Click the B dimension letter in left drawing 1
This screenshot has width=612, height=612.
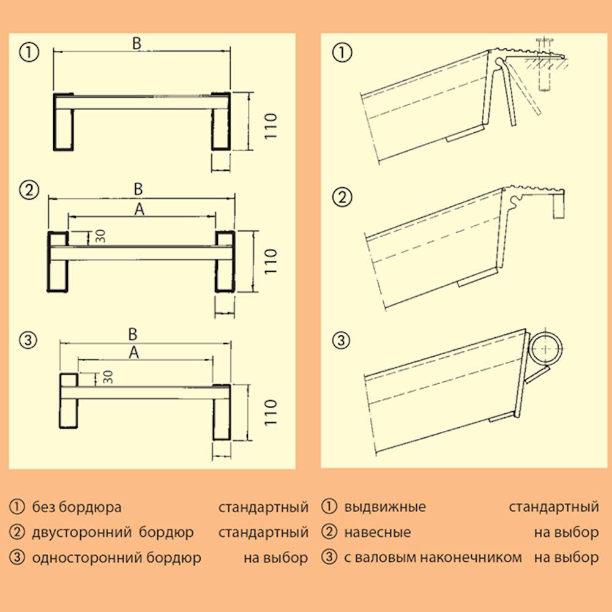click(137, 43)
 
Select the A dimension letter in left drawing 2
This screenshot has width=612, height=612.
click(140, 210)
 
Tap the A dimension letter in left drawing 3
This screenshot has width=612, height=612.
click(134, 353)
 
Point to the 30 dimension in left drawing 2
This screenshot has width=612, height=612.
click(100, 236)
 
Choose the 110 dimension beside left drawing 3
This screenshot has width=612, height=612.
click(271, 412)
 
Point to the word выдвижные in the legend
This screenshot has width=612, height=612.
click(385, 507)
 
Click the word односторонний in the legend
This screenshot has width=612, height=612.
click(84, 558)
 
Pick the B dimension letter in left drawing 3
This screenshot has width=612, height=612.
click(132, 335)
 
